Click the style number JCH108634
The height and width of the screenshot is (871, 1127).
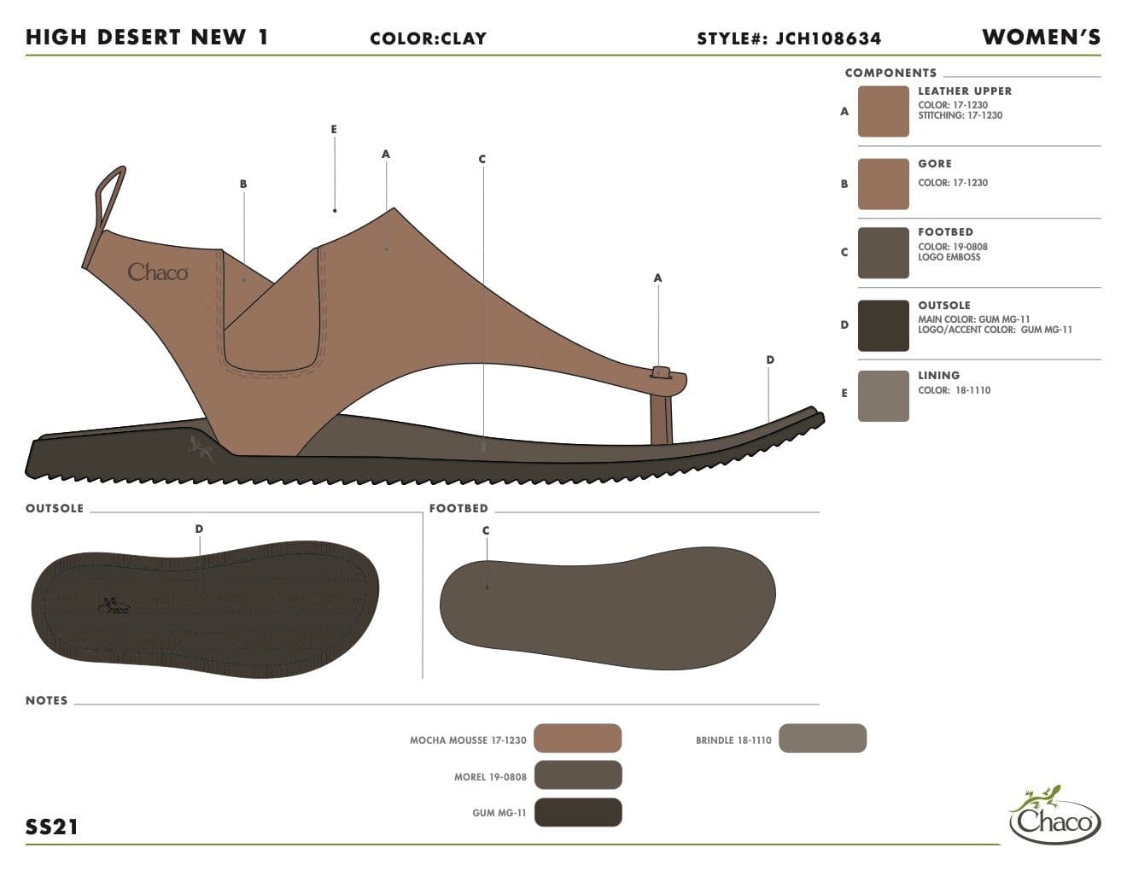coord(827,38)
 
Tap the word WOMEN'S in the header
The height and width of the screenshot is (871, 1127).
coord(1042,37)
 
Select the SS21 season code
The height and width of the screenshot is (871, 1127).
coord(52,827)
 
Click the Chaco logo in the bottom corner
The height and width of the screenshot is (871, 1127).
coord(1055,815)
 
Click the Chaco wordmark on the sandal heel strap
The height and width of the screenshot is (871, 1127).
coord(158,272)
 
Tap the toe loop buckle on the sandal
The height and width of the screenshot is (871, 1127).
coord(660,372)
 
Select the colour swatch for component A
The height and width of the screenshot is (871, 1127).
coord(883,112)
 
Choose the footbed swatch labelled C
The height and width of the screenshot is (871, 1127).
coord(883,253)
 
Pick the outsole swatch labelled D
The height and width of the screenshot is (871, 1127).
coord(883,325)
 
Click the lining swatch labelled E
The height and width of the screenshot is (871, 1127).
coord(883,396)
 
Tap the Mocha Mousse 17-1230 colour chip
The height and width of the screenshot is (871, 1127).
coord(577,738)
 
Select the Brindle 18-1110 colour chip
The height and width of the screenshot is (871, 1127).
coord(822,738)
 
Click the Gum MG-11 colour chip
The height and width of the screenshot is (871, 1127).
coord(578,812)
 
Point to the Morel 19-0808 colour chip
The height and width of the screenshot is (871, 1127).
coord(578,775)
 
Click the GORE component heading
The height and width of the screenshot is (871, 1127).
coord(935,163)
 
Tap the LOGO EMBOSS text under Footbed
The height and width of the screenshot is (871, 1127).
coord(949,257)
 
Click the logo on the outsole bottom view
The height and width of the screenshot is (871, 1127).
coord(114,605)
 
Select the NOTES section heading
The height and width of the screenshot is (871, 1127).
coord(47,700)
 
